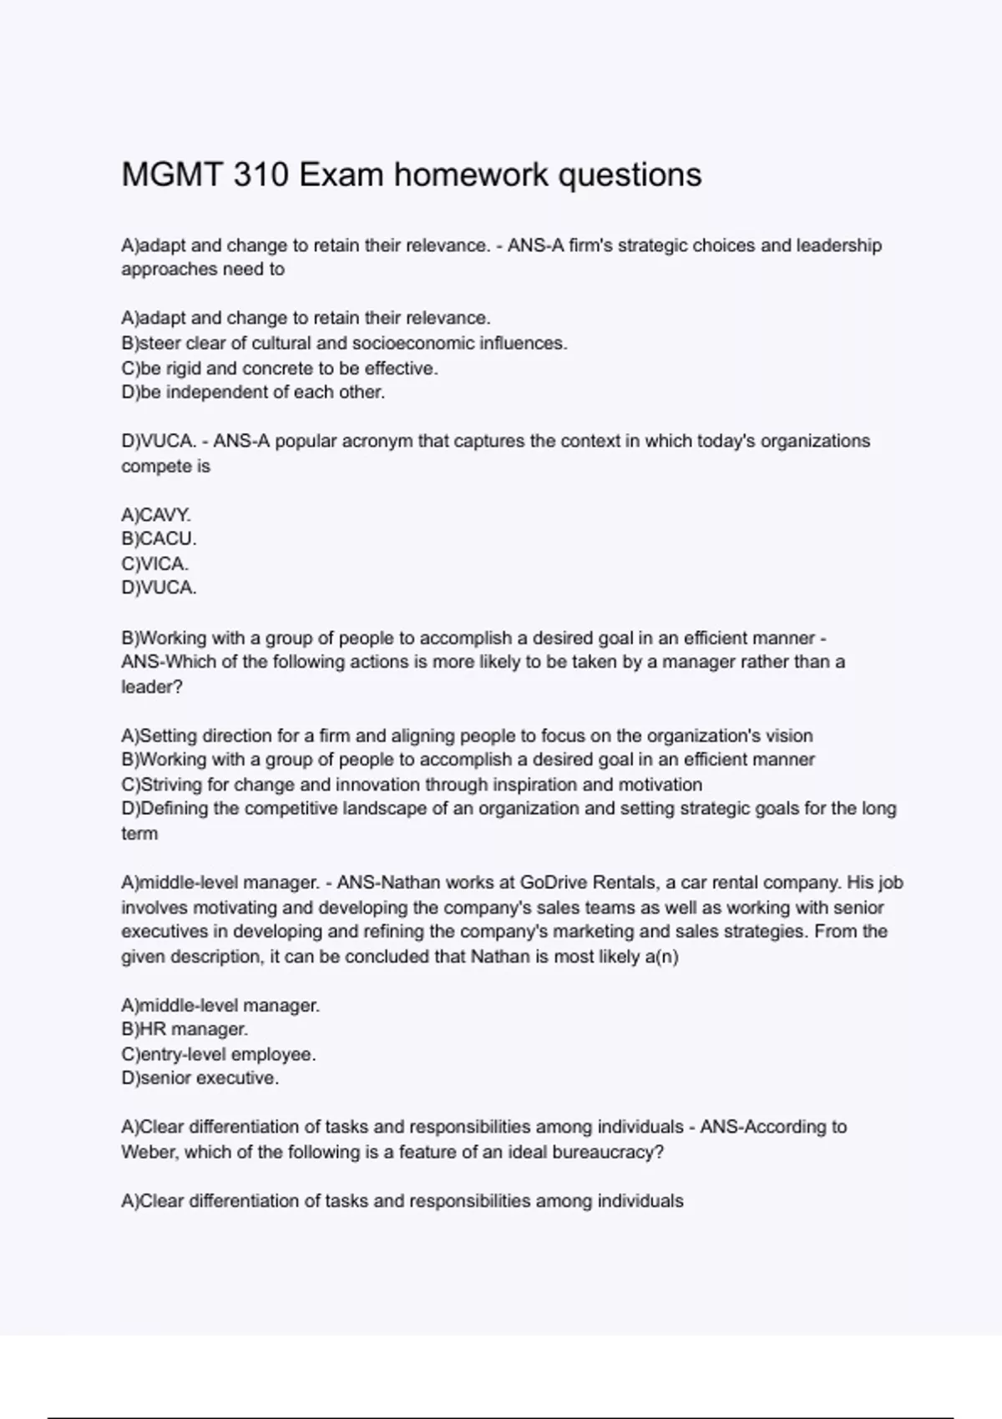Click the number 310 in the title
click(x=261, y=175)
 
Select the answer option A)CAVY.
click(x=156, y=514)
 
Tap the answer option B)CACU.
click(x=159, y=538)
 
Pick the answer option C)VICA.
click(x=155, y=563)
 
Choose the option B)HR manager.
click(x=185, y=1029)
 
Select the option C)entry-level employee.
click(x=219, y=1054)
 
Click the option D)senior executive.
click(x=200, y=1078)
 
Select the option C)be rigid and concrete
click(x=279, y=368)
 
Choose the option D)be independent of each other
click(x=253, y=392)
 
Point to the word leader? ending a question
click(x=151, y=687)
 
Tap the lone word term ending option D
click(x=139, y=833)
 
